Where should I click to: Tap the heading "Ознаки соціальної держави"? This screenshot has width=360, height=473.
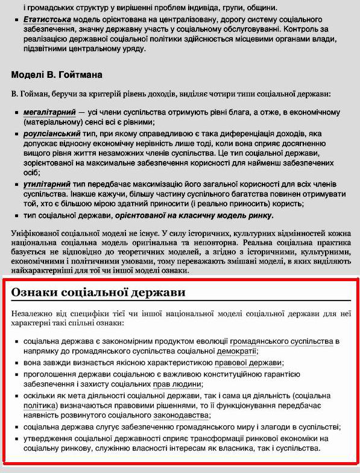98,293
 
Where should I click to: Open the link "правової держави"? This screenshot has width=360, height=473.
248,363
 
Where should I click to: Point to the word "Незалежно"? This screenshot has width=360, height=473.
33,314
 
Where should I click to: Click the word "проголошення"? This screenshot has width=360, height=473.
49,374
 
